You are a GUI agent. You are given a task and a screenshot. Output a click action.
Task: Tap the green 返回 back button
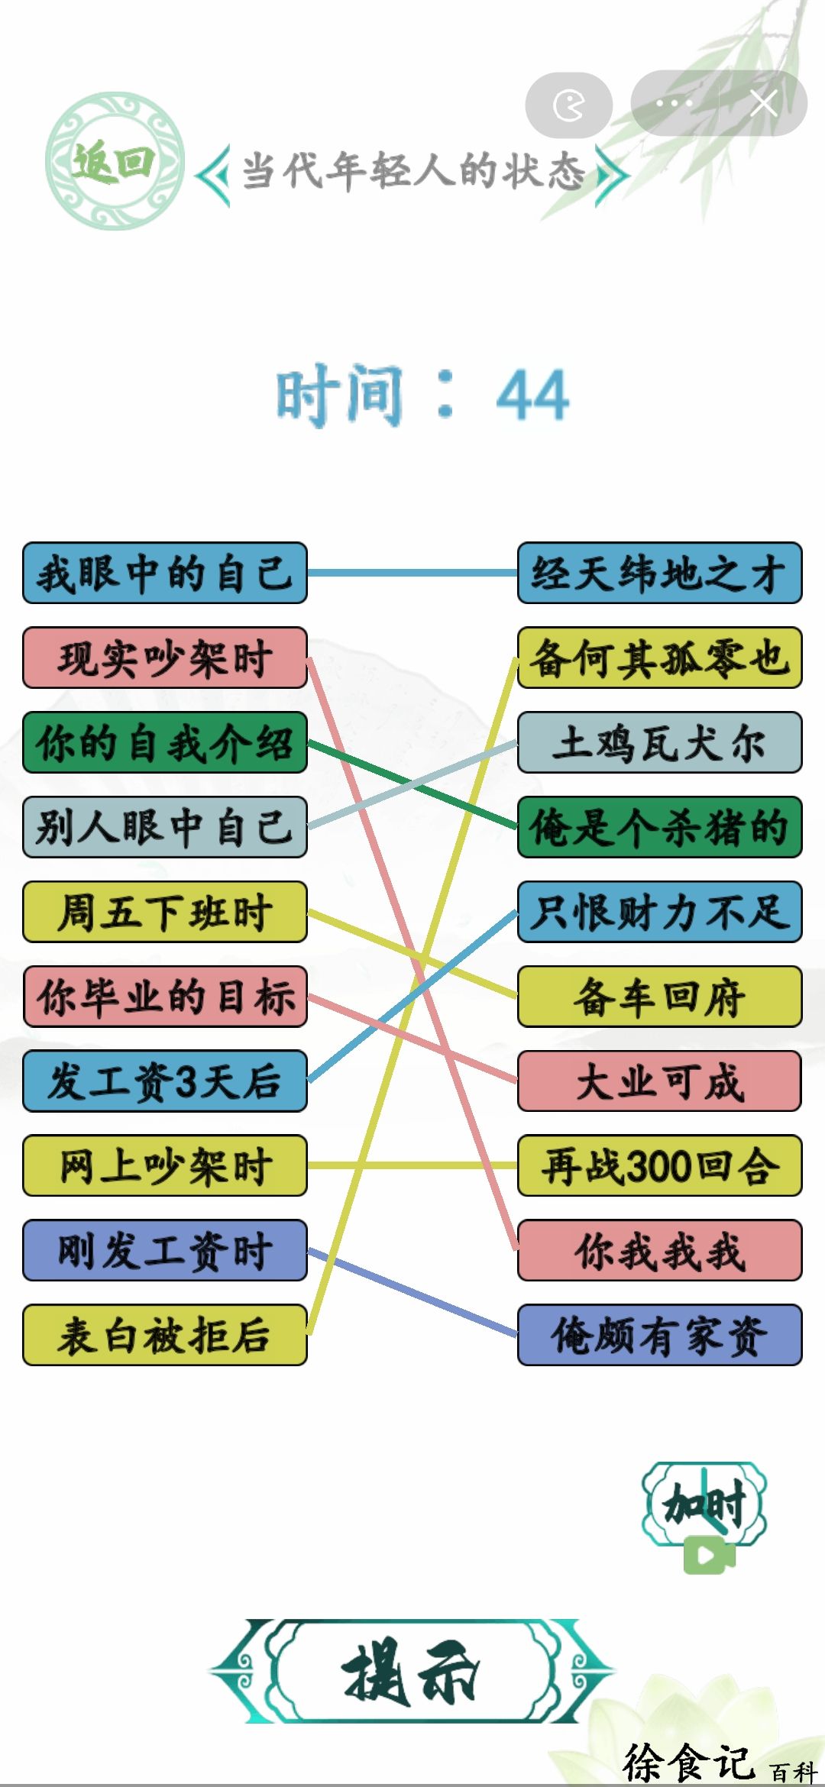point(114,161)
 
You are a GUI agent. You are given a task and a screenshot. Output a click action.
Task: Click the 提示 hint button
point(412,1672)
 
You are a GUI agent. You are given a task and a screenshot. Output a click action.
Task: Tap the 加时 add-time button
point(704,1516)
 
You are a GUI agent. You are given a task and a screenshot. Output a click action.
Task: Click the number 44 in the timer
point(532,395)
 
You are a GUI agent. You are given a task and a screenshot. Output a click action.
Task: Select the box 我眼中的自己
point(165,573)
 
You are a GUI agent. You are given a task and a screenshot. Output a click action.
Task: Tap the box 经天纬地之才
point(660,573)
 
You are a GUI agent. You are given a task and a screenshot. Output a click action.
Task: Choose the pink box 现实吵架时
point(165,658)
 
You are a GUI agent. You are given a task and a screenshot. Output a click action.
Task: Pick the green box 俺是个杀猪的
point(660,827)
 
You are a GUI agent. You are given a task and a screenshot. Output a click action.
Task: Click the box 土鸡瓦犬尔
point(660,742)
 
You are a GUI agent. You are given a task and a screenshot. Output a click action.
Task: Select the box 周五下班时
point(165,912)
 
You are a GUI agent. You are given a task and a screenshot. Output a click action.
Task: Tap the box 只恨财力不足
point(660,912)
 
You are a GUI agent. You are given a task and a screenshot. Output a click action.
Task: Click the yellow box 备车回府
point(660,997)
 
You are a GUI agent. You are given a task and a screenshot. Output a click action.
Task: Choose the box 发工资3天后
point(165,1081)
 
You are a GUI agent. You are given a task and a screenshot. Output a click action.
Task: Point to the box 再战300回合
point(660,1165)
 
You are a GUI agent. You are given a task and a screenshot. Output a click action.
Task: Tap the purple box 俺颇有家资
point(660,1335)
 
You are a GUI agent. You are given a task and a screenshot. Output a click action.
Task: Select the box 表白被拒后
point(165,1335)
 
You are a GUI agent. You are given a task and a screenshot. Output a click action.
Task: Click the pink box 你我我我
point(660,1250)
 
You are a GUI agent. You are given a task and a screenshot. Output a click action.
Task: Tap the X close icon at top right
point(763,103)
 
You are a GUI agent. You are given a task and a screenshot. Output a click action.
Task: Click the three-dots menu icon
point(674,103)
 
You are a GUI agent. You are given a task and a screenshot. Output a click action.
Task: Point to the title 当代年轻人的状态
point(413,170)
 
